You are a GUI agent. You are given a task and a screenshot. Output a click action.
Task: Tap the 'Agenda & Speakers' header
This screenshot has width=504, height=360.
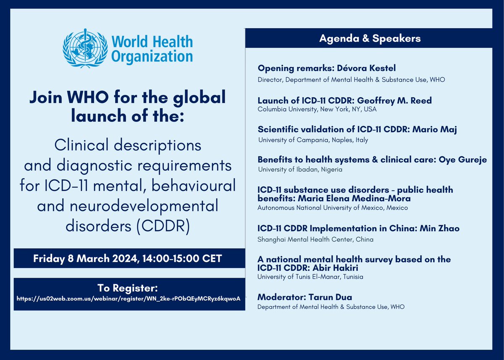(x=370, y=39)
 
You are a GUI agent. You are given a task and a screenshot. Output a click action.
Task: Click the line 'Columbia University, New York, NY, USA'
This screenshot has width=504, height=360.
(x=317, y=110)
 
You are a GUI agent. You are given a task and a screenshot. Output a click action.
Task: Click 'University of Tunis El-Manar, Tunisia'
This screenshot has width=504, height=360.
(x=310, y=277)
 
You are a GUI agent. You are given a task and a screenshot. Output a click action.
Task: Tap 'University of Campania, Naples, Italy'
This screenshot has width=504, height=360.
(x=312, y=140)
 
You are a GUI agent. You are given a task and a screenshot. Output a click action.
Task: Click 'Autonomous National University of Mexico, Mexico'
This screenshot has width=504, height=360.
(x=333, y=208)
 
